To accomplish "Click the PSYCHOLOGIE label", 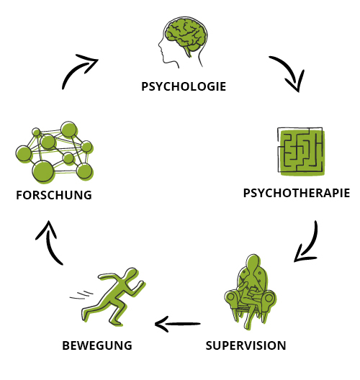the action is pos(184,86).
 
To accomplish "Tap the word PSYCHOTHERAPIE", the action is pos(297,193).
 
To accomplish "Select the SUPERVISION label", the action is pos(246,345).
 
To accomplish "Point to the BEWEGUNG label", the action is pos(97,345).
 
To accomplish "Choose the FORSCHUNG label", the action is pos(54,195).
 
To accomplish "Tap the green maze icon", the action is pos(301,151).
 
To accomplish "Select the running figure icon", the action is pos(112,297).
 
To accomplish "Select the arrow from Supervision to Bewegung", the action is pos(178,324).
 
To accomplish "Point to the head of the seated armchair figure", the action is pos(253,261).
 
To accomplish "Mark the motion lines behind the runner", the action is pos(81,294).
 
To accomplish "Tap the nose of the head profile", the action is pos(160,45).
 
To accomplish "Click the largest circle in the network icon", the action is pos(43,171).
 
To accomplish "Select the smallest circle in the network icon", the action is pos(36,132).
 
